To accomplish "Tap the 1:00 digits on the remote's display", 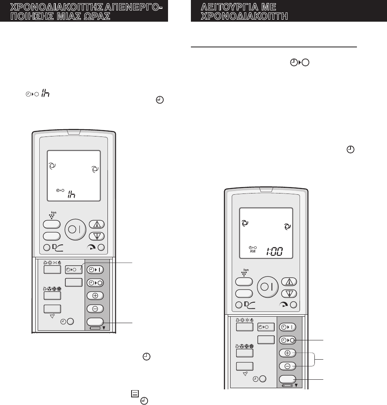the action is coord(274,252).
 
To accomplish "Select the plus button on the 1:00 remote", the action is coord(287,353).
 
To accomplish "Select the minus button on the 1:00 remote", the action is coord(287,366).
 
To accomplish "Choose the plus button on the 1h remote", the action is coord(95,295).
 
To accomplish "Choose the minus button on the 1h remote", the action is coord(95,309).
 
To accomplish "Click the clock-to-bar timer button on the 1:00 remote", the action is coord(287,327).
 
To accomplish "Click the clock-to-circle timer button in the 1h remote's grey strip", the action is coord(95,282).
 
